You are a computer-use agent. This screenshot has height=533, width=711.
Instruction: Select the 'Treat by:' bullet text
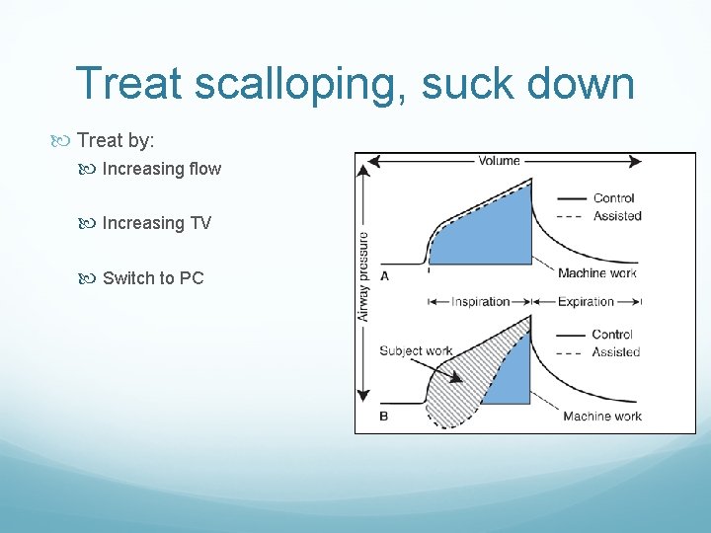[x=116, y=141]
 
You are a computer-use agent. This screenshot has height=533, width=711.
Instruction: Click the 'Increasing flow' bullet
[x=161, y=169]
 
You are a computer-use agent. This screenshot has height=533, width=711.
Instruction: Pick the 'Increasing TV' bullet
[x=156, y=223]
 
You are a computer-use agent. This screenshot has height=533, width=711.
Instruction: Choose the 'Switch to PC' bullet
[x=152, y=277]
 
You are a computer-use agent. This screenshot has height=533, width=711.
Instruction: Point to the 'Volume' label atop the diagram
[x=499, y=161]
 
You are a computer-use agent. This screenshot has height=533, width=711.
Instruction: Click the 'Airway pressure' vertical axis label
[x=363, y=276]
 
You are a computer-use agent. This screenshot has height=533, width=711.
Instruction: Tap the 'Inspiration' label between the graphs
[x=480, y=301]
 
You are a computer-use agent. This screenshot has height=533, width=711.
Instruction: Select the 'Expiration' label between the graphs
[x=585, y=301]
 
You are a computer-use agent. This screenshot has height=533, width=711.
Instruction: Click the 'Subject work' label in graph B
[x=415, y=350]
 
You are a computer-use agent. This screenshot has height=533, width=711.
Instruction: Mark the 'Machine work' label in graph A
[x=596, y=273]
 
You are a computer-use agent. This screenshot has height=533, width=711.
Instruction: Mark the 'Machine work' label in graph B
[x=601, y=417]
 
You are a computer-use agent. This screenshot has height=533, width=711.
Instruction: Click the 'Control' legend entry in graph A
[x=613, y=198]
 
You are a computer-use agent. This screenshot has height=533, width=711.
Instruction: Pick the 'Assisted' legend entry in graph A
[x=616, y=216]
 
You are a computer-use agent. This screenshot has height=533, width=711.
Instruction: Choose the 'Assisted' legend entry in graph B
[x=616, y=352]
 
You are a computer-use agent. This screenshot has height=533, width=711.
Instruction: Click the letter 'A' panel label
[x=384, y=276]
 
